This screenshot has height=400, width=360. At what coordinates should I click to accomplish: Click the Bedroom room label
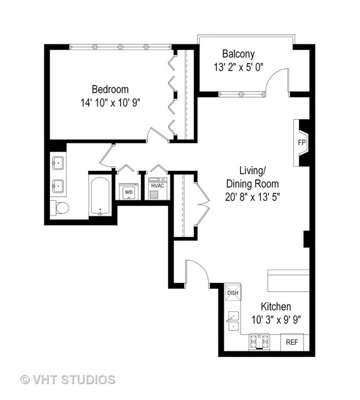click(110, 89)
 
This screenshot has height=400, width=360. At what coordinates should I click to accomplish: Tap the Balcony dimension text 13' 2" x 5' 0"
click(238, 67)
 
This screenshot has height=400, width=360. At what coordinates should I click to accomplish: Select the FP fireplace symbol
click(302, 143)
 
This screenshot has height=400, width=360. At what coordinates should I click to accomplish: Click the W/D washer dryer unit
click(128, 191)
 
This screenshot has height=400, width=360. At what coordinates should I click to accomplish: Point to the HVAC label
click(158, 186)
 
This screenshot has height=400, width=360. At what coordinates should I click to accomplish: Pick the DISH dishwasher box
click(233, 292)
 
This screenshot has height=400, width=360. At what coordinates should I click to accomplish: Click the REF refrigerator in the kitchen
click(292, 342)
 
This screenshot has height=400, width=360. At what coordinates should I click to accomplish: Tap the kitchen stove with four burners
click(259, 342)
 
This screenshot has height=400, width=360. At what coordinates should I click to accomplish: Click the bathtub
click(100, 196)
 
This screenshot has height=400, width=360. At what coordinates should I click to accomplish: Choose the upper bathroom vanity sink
click(58, 163)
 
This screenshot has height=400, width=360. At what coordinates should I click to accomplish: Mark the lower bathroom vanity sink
click(58, 187)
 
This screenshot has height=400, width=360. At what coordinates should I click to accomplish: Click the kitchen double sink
click(233, 321)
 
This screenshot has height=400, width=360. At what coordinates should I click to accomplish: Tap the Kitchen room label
click(276, 306)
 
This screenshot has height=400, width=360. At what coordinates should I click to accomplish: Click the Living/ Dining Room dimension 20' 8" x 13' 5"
click(253, 197)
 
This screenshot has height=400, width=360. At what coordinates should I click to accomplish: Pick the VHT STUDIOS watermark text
click(68, 380)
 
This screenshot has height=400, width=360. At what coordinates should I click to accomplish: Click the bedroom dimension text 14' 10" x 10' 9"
click(110, 103)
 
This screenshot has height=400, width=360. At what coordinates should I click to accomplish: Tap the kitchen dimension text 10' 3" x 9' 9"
click(276, 320)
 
